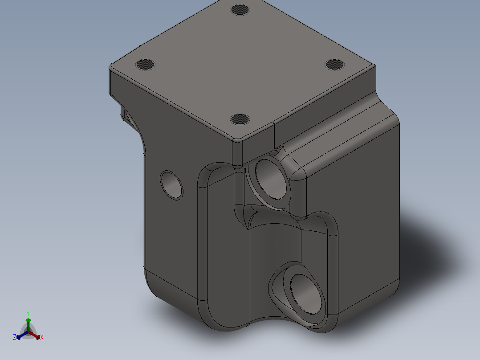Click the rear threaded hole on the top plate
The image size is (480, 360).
240,9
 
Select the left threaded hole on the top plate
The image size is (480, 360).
145,65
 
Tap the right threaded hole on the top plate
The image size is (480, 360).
335,64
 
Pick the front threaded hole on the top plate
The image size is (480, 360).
240,119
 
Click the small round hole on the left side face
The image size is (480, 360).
171,184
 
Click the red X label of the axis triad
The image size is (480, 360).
42,338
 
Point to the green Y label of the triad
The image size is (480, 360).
28,313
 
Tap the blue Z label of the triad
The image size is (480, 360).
15,338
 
